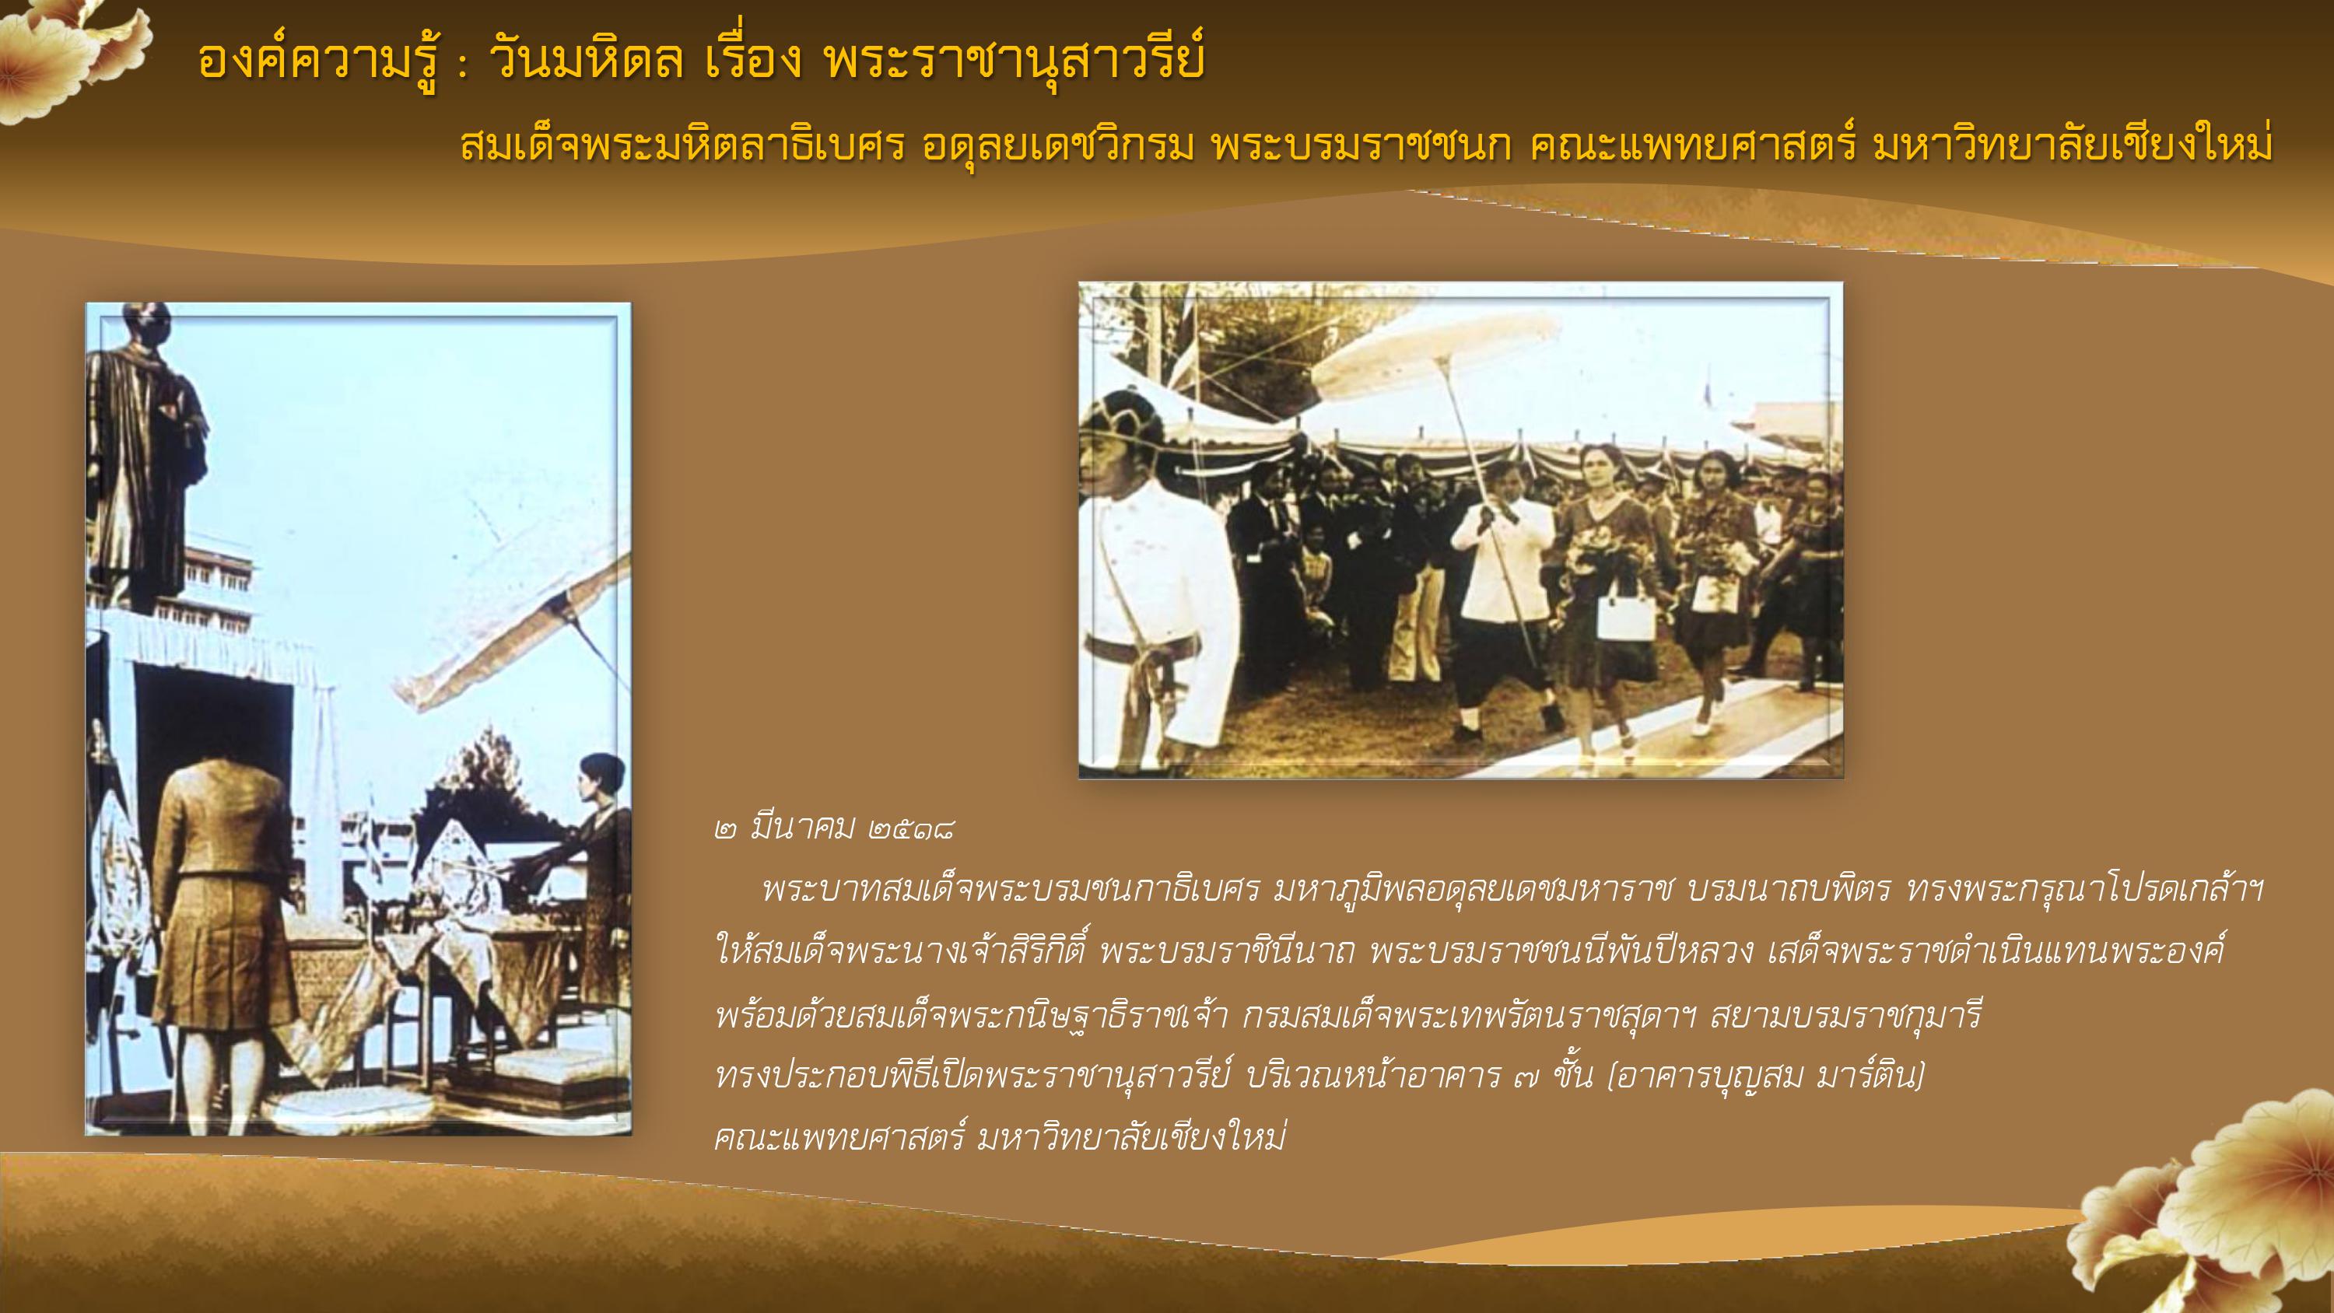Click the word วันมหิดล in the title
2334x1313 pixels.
[585, 61]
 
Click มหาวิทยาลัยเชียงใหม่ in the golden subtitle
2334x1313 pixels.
[2074, 145]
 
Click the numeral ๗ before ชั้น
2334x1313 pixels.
[1526, 1078]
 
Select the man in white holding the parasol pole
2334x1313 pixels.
[1502, 616]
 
